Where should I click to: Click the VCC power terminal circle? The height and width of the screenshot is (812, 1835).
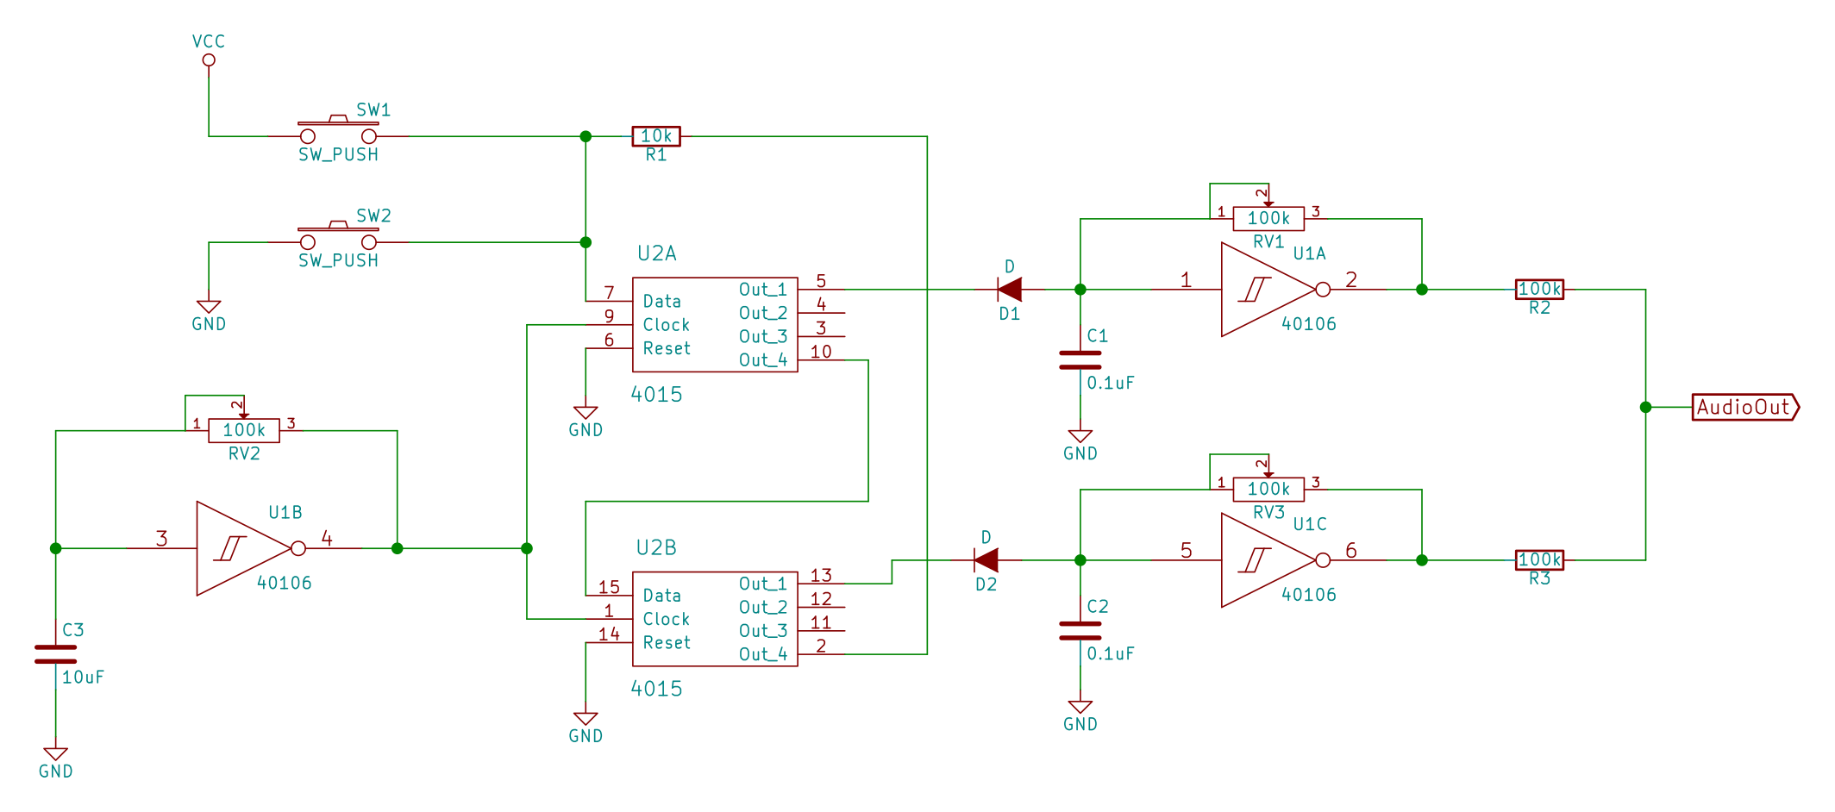click(209, 60)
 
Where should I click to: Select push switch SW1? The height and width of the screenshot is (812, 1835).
click(338, 131)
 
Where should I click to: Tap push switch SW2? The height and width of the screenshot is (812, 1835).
click(338, 237)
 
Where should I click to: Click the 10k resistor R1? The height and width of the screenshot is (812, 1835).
click(656, 136)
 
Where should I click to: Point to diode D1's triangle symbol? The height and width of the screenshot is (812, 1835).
click(1010, 290)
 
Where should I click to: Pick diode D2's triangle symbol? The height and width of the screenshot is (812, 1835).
click(986, 560)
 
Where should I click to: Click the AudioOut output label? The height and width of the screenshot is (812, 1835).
click(1744, 407)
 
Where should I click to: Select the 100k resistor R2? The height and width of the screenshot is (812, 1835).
click(1539, 290)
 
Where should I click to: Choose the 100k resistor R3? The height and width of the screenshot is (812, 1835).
click(1539, 560)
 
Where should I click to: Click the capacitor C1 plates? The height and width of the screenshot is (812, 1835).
click(1080, 359)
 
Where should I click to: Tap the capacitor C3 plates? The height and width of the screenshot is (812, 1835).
click(56, 654)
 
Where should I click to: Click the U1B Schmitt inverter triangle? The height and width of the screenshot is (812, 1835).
click(241, 548)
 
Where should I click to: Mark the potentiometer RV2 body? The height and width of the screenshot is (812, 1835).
click(244, 430)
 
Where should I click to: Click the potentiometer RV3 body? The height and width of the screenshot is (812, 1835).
click(1268, 490)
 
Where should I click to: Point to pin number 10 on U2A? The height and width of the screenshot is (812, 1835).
click(821, 352)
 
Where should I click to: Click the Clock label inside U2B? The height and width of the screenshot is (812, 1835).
click(667, 619)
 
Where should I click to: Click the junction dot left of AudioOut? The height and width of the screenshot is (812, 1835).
click(1645, 407)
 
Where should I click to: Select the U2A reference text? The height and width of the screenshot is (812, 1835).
click(657, 253)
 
